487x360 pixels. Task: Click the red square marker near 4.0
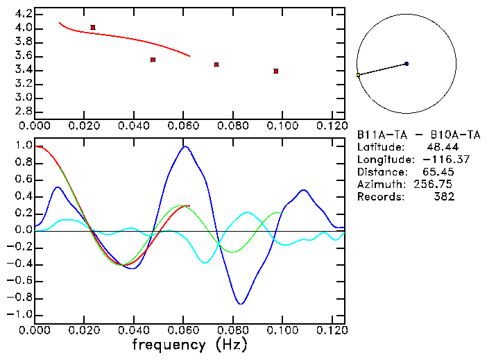click(x=93, y=28)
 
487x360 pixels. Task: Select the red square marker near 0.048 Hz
click(x=153, y=60)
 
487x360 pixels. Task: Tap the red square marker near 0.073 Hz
click(x=216, y=65)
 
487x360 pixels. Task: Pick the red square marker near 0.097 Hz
click(x=276, y=71)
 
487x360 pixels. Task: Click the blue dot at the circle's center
click(x=407, y=64)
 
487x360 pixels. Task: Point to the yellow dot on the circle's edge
click(x=358, y=75)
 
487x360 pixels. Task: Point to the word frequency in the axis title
click(x=171, y=345)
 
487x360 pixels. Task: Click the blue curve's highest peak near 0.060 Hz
click(x=185, y=146)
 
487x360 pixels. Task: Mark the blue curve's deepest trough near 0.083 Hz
click(x=241, y=304)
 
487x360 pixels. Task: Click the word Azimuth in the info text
click(x=379, y=185)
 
